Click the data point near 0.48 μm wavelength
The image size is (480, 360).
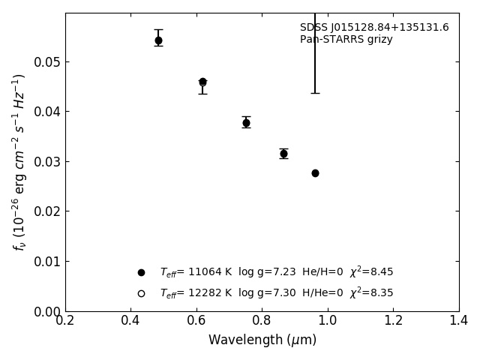click(x=158, y=40)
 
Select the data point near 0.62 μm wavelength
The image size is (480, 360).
click(x=202, y=82)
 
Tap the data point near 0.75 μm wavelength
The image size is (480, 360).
click(x=246, y=122)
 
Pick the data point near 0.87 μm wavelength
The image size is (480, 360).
click(x=283, y=154)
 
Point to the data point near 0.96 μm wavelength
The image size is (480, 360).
click(x=315, y=173)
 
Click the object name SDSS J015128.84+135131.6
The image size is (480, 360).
click(x=374, y=28)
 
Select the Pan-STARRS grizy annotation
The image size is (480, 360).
click(x=346, y=40)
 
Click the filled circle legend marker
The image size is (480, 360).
click(x=141, y=272)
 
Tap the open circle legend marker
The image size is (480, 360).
click(x=141, y=293)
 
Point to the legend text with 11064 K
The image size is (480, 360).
click(x=276, y=272)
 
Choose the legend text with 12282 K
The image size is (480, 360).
click(x=276, y=293)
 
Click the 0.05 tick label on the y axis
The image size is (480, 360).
click(x=46, y=62)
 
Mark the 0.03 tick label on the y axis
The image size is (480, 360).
click(x=46, y=162)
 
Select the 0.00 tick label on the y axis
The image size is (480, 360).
click(x=46, y=311)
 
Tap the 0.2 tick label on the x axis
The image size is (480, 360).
click(x=65, y=320)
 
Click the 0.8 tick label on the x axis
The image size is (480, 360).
click(x=262, y=320)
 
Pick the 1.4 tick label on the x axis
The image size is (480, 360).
click(x=459, y=320)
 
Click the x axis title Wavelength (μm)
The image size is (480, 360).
click(x=262, y=340)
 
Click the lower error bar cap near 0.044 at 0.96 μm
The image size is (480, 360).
click(x=315, y=93)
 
